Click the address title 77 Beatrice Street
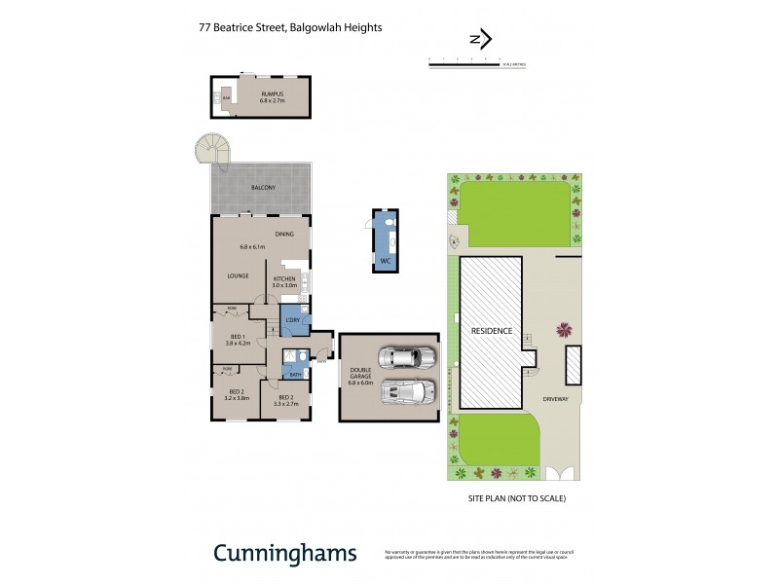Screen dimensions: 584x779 (289, 28)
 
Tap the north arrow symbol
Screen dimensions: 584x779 (480, 40)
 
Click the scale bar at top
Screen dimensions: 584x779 (477, 63)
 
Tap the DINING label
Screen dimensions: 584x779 (284, 235)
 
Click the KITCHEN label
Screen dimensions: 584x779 (284, 278)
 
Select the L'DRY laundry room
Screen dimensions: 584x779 (292, 320)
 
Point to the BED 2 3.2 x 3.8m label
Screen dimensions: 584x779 (237, 396)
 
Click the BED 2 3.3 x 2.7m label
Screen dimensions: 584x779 (285, 397)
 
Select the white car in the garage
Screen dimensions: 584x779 (408, 390)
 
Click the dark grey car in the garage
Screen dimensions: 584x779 (406, 356)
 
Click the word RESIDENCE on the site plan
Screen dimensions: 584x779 (492, 331)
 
